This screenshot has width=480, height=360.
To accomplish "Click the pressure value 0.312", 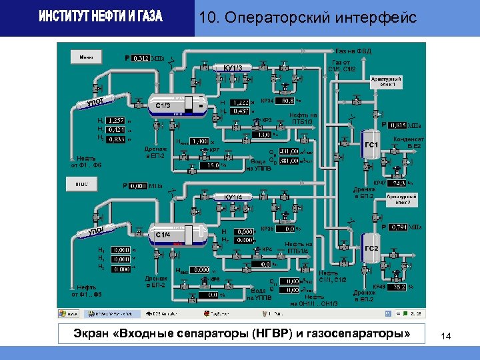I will (141, 59).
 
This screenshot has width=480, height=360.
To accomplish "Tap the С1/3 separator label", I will (164, 105).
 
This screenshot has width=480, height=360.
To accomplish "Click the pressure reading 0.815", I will (397, 125).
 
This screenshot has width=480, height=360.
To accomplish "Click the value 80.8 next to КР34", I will (288, 101).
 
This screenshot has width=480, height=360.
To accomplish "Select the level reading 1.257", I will (115, 120).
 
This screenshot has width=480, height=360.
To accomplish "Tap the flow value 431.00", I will (289, 153).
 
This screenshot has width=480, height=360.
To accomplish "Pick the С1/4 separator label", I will (164, 235).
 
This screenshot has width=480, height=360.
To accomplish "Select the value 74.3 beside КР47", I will (397, 183).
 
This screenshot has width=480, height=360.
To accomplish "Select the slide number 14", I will (446, 337).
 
